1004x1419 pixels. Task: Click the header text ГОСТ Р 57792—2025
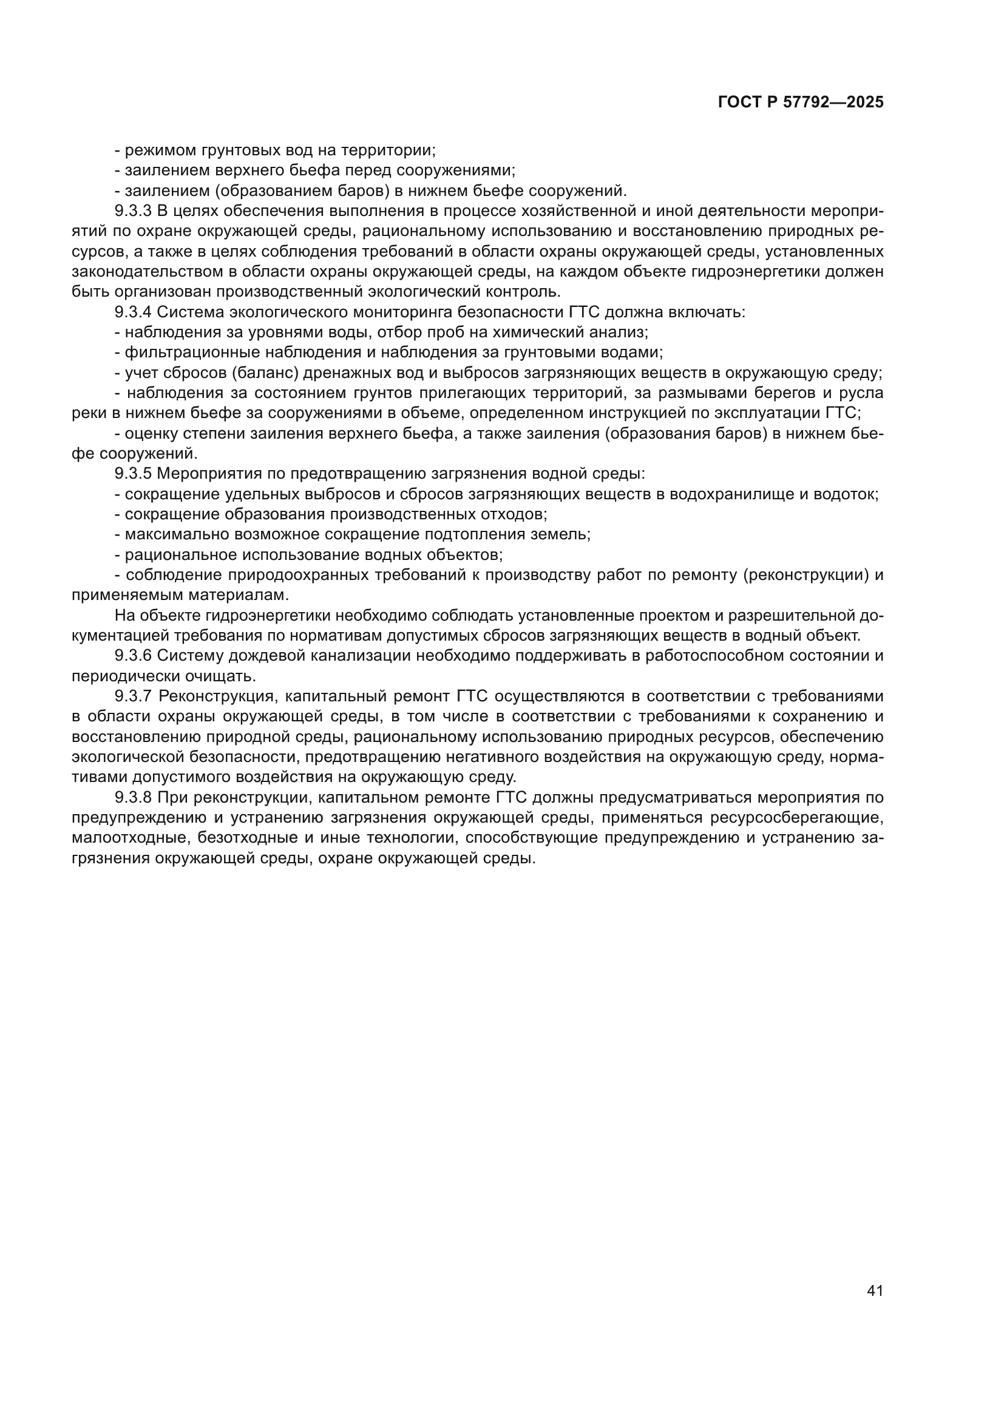[x=801, y=103]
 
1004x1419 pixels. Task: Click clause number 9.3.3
[x=133, y=211]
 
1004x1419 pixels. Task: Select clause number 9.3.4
[x=133, y=312]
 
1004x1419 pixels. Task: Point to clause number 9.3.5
[x=133, y=474]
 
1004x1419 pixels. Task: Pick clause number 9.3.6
[x=133, y=656]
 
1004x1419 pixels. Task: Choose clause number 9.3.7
[x=133, y=696]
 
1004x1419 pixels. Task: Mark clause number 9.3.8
[x=133, y=798]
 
